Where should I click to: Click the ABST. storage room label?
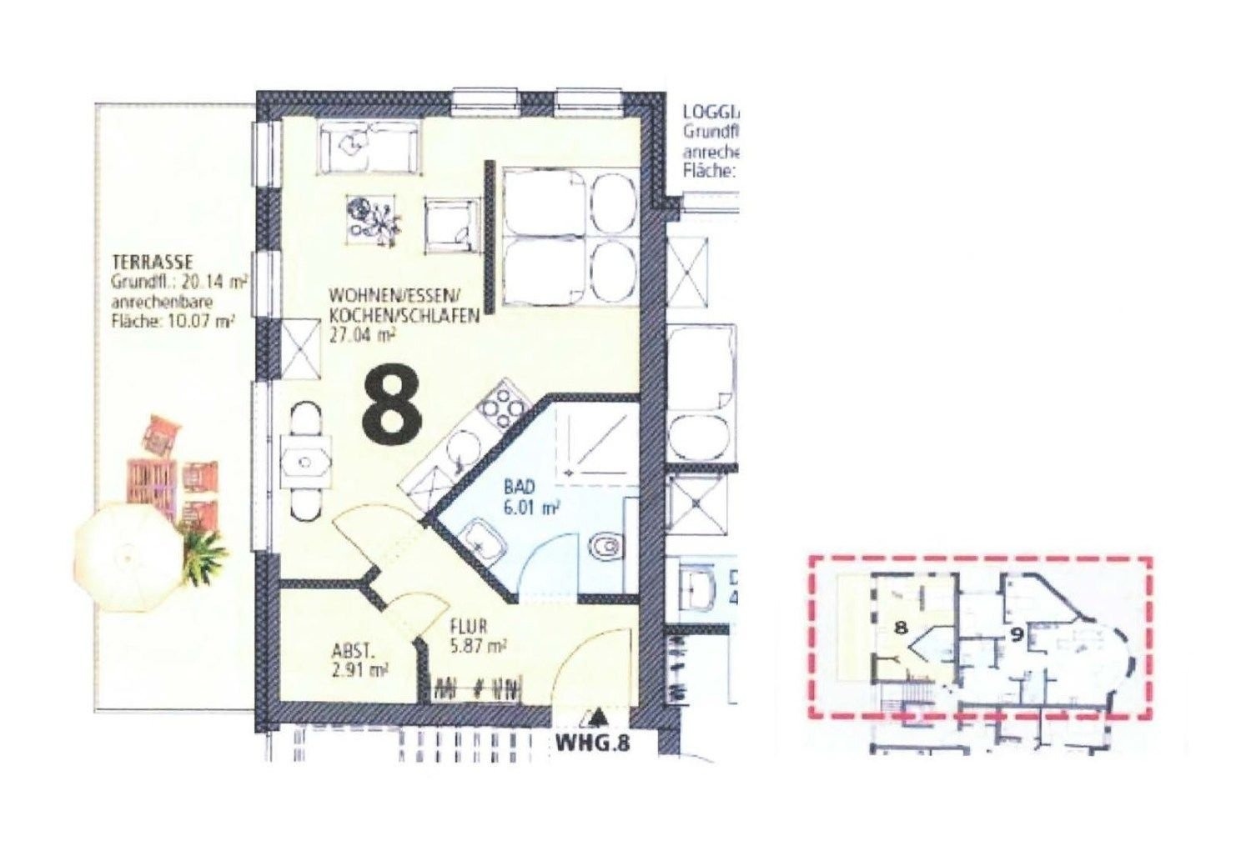tap(348, 653)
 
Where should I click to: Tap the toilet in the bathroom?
tap(604, 547)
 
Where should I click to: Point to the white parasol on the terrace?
tap(126, 550)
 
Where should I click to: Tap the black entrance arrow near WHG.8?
tap(596, 717)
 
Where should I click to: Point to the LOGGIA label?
tap(709, 112)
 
